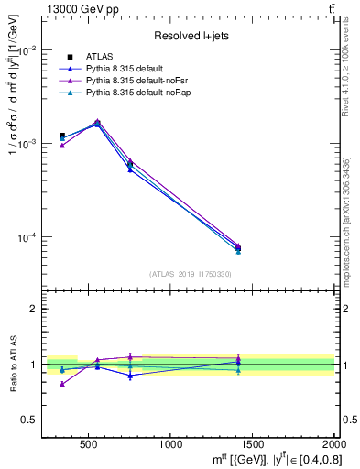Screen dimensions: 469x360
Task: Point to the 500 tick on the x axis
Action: [x=89, y=445]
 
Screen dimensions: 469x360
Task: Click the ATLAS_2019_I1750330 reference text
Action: [x=190, y=273]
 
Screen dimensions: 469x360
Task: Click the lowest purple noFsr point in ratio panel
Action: [x=62, y=384]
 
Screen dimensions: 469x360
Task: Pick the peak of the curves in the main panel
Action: [x=98, y=121]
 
